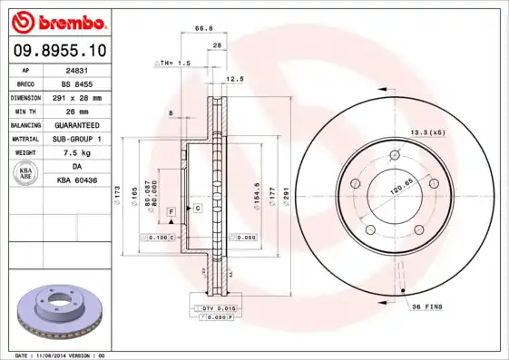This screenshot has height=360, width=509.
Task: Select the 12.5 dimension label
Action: click(x=235, y=79)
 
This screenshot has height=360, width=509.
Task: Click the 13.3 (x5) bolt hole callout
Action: click(x=428, y=132)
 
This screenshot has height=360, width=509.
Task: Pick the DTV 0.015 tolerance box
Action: click(x=212, y=310)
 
